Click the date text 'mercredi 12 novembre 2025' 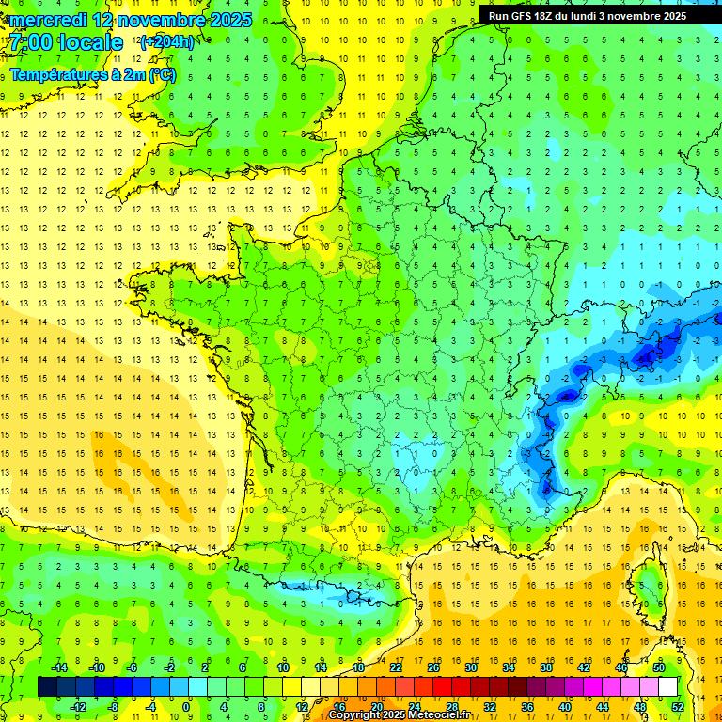131,20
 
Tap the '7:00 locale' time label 66,42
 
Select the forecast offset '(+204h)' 166,41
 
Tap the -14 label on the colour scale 58,667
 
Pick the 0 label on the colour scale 186,706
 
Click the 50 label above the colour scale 659,667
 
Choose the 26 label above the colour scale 433,667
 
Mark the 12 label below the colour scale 302,706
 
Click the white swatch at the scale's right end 667,686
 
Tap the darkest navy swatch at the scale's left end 47,686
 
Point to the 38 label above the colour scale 546,667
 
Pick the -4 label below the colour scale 150,706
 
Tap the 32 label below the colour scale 490,706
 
